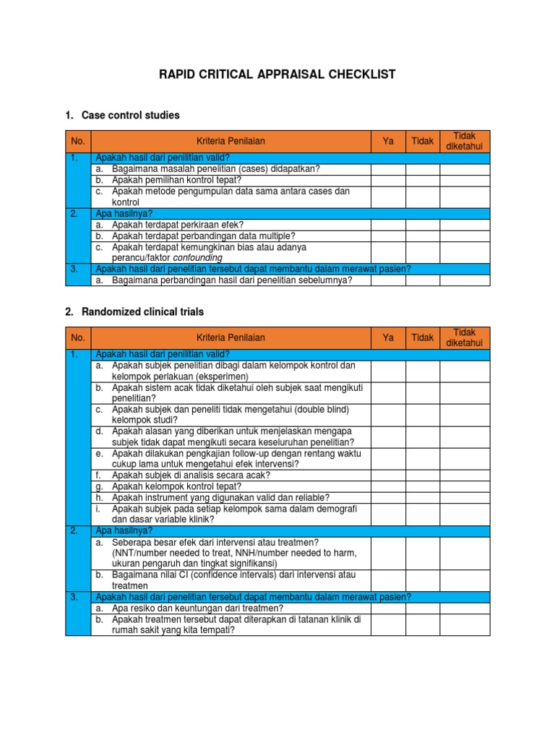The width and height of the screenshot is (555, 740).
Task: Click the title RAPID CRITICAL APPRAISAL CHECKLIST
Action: tap(277, 75)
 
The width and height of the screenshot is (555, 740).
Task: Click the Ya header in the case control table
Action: tap(388, 142)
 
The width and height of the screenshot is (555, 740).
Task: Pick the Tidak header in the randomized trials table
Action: tap(423, 337)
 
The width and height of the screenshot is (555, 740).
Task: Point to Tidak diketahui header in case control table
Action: tap(465, 142)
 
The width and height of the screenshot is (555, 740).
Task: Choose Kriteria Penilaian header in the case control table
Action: tap(231, 142)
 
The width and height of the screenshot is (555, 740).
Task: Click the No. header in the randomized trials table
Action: tap(77, 337)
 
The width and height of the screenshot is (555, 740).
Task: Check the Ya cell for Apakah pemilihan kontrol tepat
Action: tap(388, 180)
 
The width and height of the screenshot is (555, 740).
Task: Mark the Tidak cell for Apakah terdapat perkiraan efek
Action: tap(423, 225)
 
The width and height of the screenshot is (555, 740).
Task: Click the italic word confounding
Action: tap(197, 257)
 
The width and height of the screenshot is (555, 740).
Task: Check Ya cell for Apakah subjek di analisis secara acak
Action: tap(388, 475)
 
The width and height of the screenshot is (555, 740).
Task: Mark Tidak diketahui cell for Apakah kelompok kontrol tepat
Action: tap(465, 486)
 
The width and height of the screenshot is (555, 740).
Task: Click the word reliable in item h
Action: tap(311, 497)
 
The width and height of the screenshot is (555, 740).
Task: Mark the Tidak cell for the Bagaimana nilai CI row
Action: tap(423, 580)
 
